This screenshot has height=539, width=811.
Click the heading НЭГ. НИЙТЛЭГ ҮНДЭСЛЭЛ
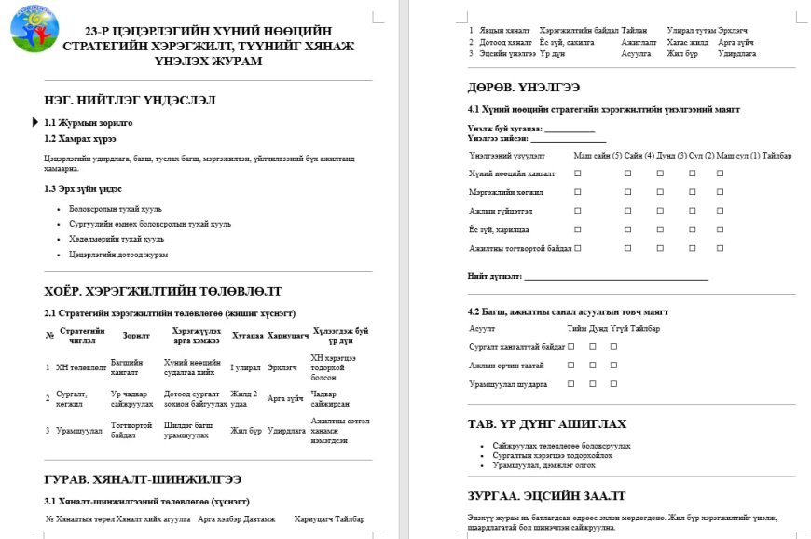point(131,99)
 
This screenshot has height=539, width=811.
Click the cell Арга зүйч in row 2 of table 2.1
point(283,398)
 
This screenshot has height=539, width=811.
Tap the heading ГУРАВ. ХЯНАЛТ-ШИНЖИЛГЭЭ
point(143,478)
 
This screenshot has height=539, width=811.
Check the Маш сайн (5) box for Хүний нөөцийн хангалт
point(578,173)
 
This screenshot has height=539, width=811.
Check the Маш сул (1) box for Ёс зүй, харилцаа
point(720,229)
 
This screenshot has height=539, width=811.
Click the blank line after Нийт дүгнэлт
point(616,277)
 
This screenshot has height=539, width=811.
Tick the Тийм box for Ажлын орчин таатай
point(570,365)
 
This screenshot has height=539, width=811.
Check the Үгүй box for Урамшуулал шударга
point(614,383)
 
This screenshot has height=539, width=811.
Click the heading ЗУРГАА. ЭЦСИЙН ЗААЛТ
point(546,495)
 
